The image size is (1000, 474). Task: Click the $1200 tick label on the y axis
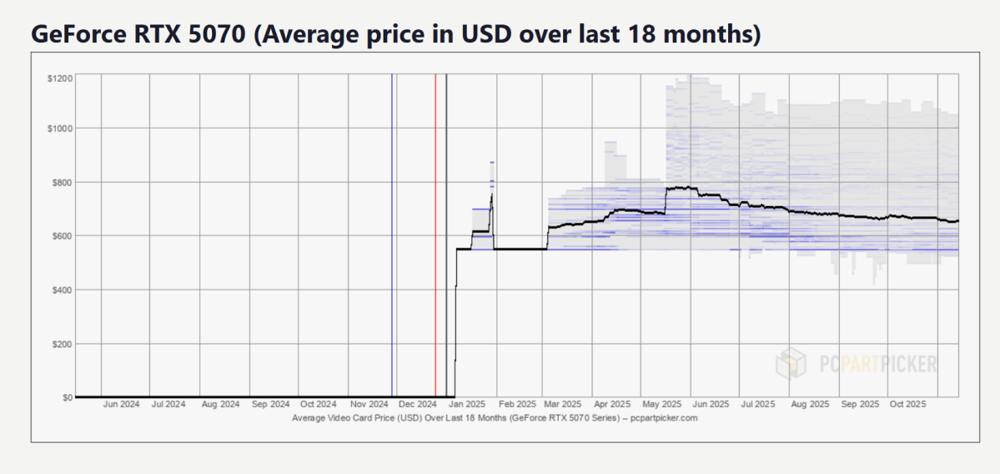61,78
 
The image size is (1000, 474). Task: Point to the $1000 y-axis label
61,129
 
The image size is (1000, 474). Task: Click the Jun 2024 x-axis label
121,406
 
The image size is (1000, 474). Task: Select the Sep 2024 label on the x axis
270,406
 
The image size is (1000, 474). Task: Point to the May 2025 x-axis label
663,406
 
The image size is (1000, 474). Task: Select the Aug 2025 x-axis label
810,406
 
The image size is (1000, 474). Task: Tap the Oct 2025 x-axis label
907,406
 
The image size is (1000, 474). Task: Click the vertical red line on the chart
435,234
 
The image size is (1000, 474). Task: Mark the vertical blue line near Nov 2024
392,234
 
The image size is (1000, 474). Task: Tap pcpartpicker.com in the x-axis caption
664,418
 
